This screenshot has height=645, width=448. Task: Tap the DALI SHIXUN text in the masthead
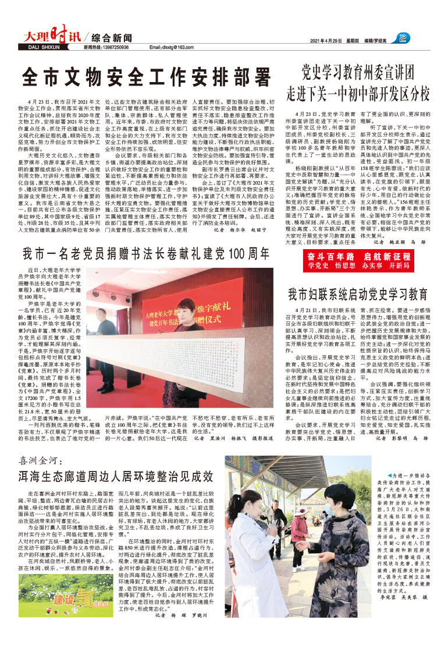click(43, 47)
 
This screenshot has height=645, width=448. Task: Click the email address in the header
click(171, 47)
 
